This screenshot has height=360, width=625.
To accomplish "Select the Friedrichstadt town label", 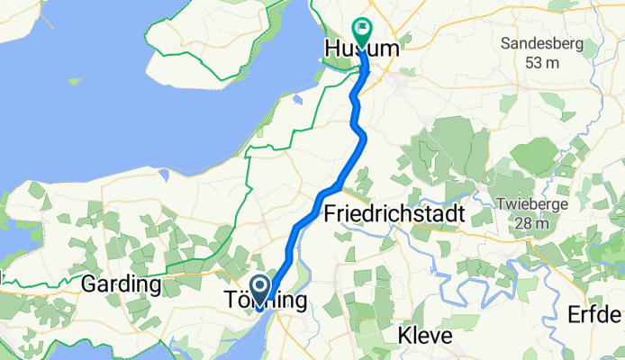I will (x=394, y=214).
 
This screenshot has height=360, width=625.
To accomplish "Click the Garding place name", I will (x=121, y=284).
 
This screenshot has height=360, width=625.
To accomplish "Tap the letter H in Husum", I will (x=331, y=49).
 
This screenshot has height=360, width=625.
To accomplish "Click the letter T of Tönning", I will (x=229, y=301).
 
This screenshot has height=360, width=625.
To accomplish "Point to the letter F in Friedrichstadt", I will (x=329, y=214).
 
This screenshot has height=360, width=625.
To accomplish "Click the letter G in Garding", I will (x=87, y=284).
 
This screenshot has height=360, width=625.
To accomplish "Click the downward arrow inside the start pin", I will (x=261, y=288).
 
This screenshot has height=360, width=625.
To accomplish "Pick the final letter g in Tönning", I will (x=298, y=302).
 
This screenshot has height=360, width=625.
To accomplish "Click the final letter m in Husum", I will (x=388, y=49).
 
